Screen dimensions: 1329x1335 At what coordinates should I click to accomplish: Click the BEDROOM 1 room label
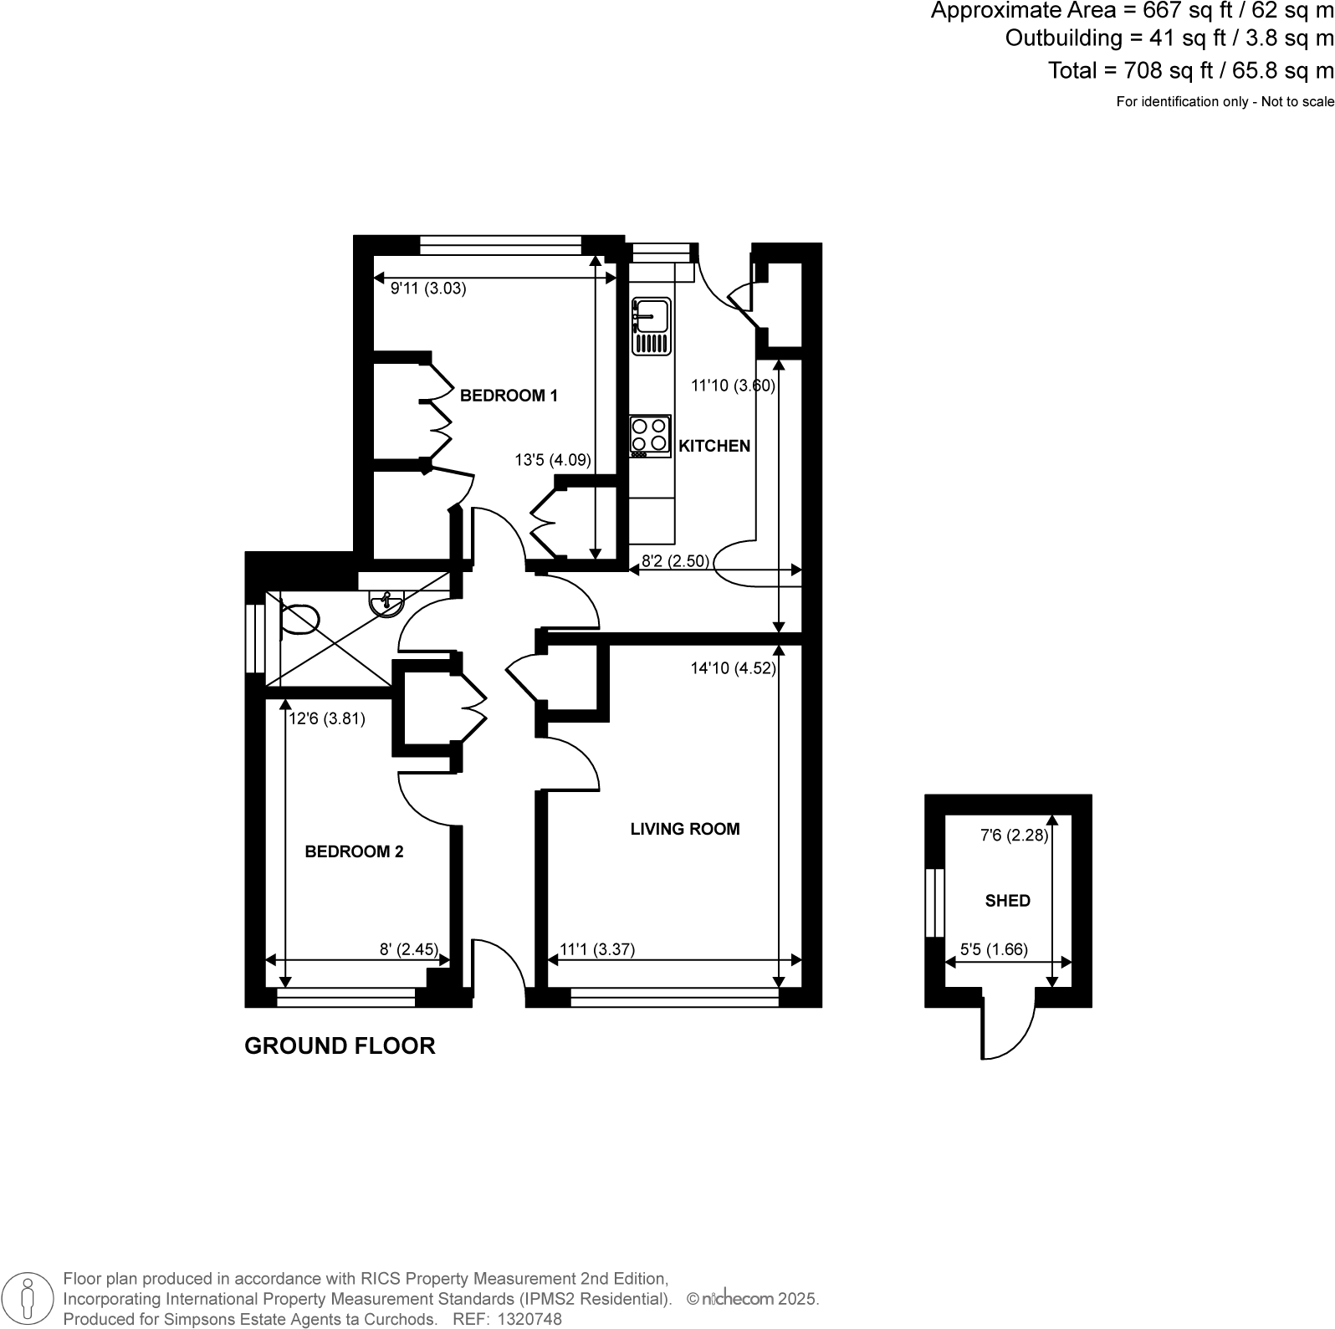[x=509, y=396]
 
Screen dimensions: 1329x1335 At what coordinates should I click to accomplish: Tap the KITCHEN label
[x=714, y=446]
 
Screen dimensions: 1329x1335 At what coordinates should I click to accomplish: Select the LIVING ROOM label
[x=685, y=829]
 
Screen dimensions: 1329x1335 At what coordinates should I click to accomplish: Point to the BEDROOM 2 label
[x=354, y=851]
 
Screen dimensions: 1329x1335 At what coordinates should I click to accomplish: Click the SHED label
[x=1007, y=901]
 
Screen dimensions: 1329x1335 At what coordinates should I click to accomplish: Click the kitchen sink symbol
[x=652, y=325]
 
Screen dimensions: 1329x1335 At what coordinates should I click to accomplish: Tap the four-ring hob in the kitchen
[x=650, y=435]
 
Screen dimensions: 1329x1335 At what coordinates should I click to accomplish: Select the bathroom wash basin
[x=386, y=602]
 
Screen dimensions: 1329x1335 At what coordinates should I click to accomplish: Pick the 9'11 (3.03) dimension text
[x=428, y=289]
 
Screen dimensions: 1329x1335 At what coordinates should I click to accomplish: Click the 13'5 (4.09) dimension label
[x=553, y=459]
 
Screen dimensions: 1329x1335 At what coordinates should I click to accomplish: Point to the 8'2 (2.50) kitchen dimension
[x=675, y=560]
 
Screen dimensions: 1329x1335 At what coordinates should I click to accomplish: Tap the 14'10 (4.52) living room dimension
[x=734, y=668]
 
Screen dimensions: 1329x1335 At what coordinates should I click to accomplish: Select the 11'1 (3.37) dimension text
[x=597, y=949]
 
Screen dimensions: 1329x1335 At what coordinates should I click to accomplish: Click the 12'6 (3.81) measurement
[x=327, y=718]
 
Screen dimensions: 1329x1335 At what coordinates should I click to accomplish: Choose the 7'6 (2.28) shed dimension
[x=1014, y=835]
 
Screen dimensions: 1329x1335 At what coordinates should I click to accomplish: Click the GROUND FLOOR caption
[x=340, y=1045]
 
